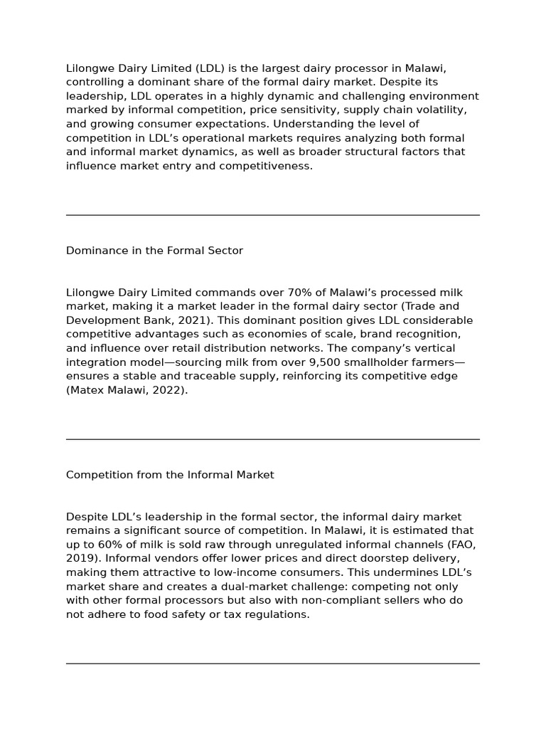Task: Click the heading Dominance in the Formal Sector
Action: pyautogui.click(x=154, y=251)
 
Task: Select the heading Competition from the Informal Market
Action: pyautogui.click(x=170, y=475)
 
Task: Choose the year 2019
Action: pyautogui.click(x=80, y=558)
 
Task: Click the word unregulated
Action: pyautogui.click(x=312, y=545)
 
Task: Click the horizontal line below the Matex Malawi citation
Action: pyautogui.click(x=273, y=439)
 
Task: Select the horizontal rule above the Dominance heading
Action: pyautogui.click(x=273, y=215)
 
